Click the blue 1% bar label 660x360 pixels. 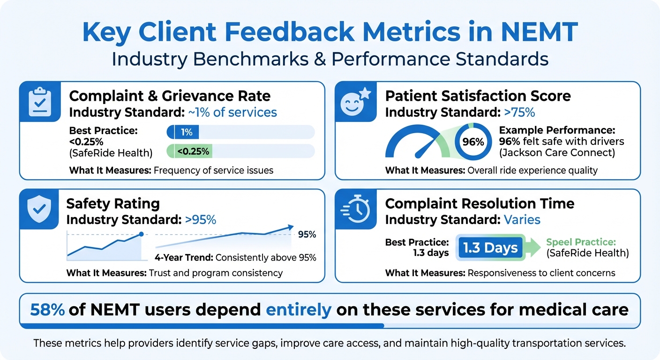coord(186,132)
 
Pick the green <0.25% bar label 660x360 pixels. coord(193,151)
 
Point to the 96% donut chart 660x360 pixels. coord(473,141)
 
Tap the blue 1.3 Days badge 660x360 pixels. coord(490,248)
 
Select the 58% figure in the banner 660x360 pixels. coord(47,310)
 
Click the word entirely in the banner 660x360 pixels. coord(299,310)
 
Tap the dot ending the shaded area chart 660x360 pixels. coord(141,234)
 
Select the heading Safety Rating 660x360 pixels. coord(113,203)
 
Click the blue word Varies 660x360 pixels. coord(522,219)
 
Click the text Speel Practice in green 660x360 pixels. coord(581,242)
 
